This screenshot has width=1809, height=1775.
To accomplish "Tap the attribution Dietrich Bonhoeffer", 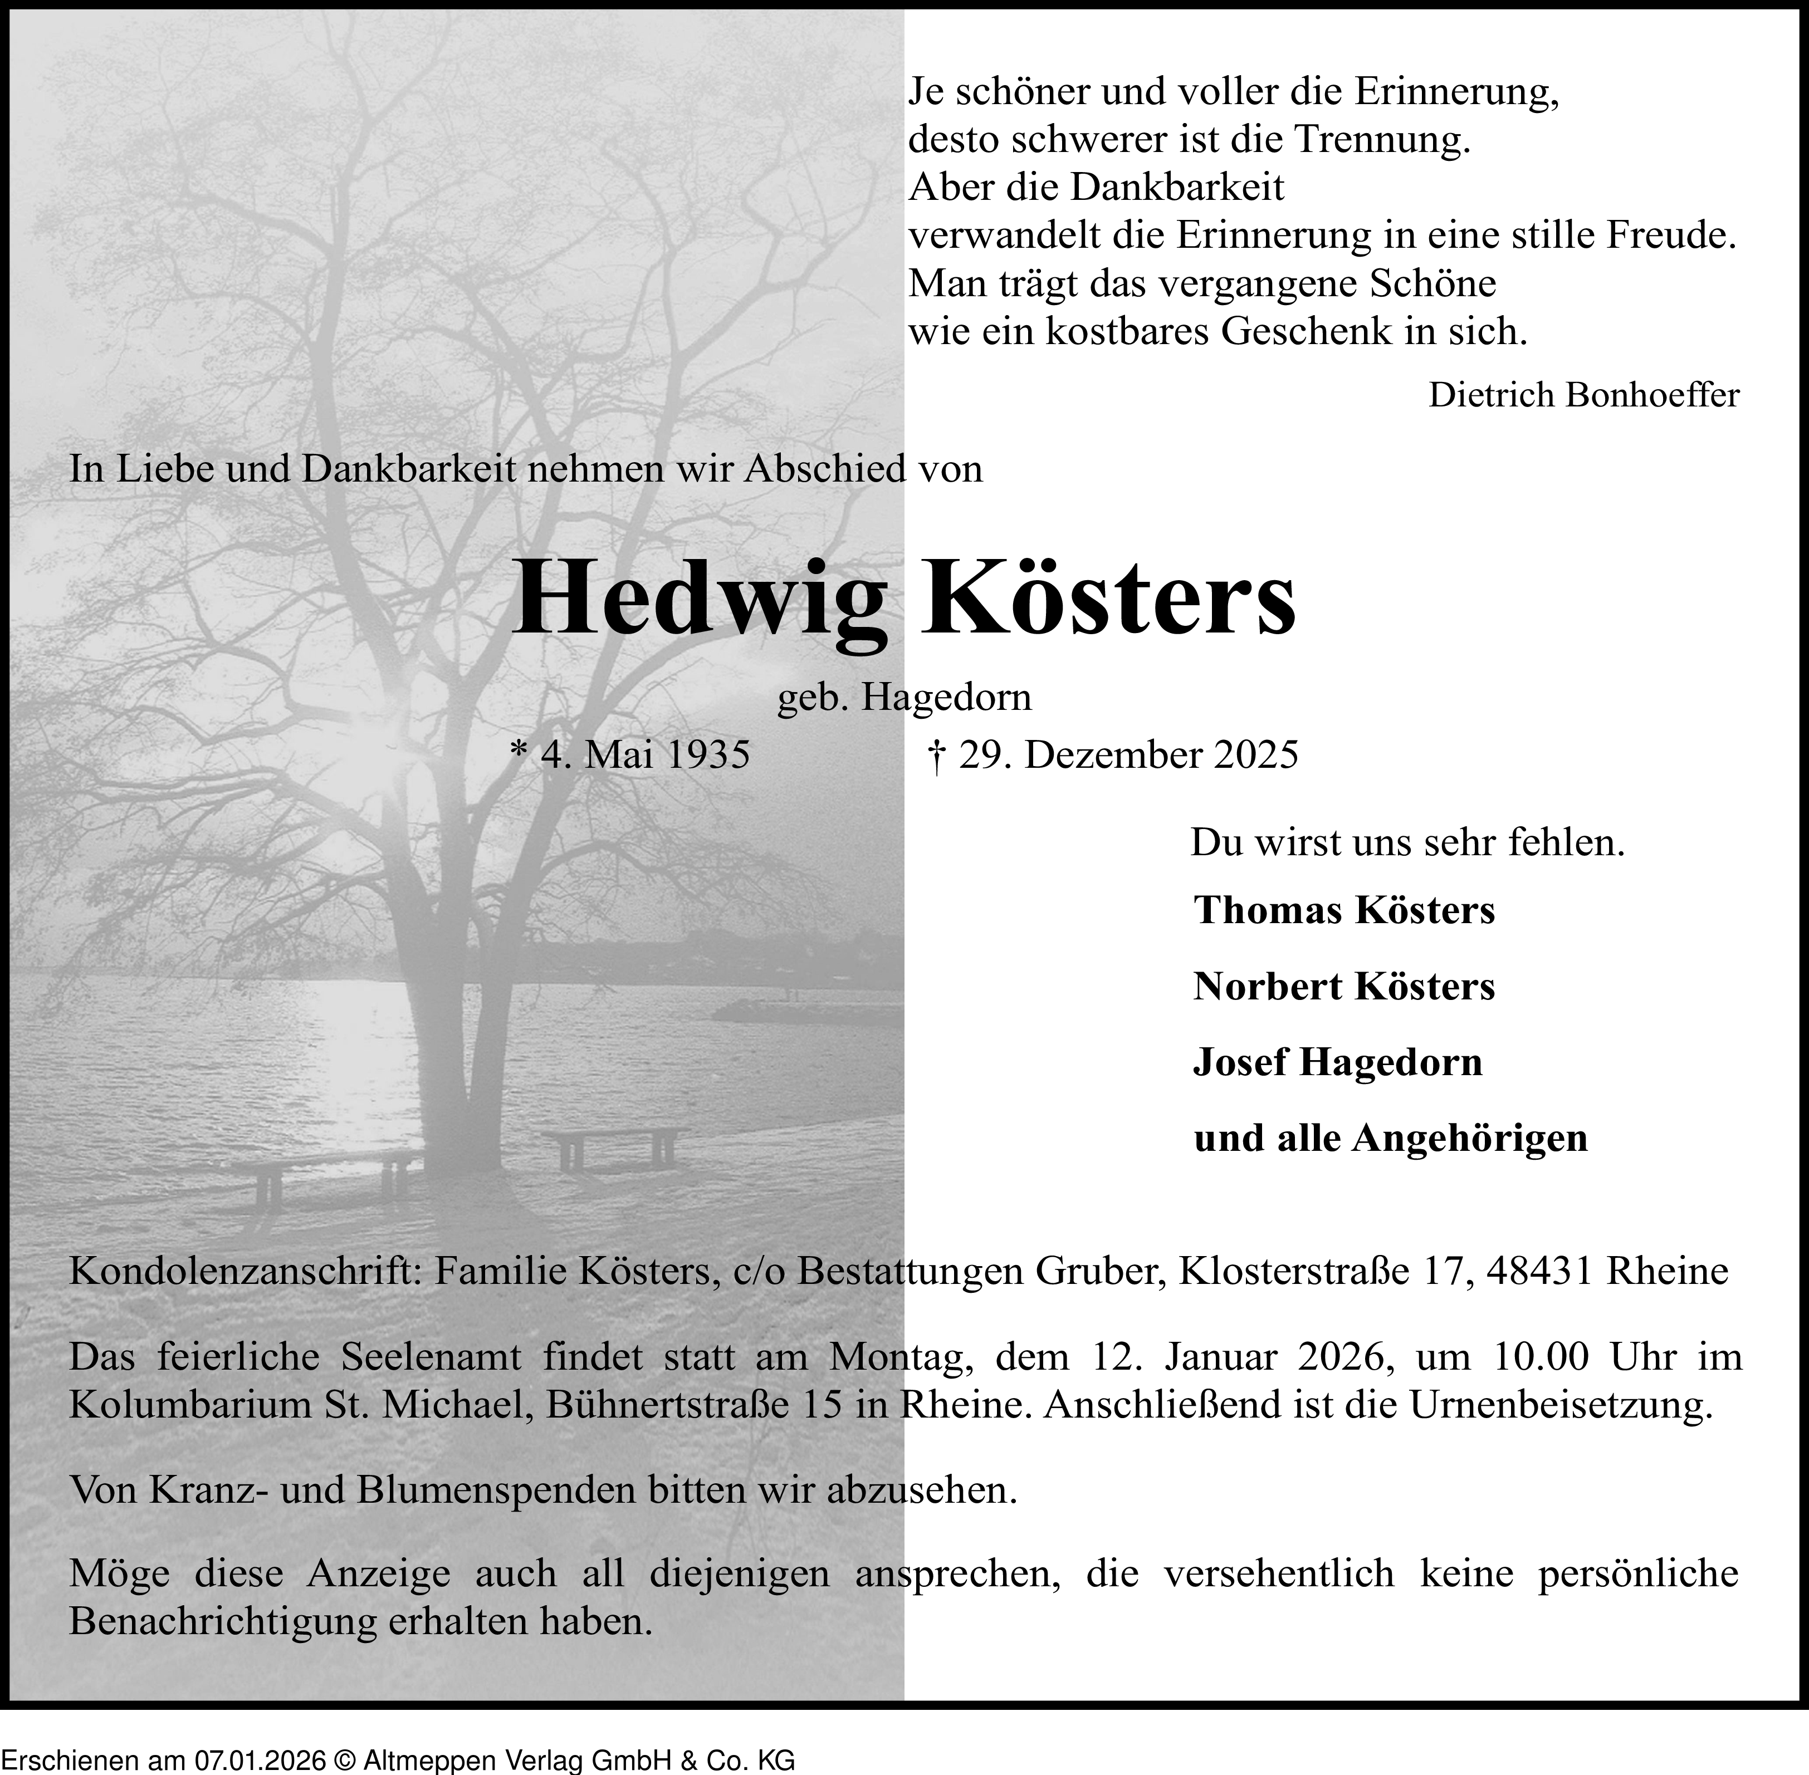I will click(1583, 395).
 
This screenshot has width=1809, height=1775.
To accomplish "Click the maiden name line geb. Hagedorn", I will click(904, 697).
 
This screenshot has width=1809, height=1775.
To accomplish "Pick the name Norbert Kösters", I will click(1344, 986).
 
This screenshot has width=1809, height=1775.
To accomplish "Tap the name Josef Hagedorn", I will click(1337, 1063).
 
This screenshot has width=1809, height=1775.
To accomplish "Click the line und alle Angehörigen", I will click(1390, 1138).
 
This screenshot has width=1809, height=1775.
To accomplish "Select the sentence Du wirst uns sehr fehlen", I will click(1408, 844).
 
